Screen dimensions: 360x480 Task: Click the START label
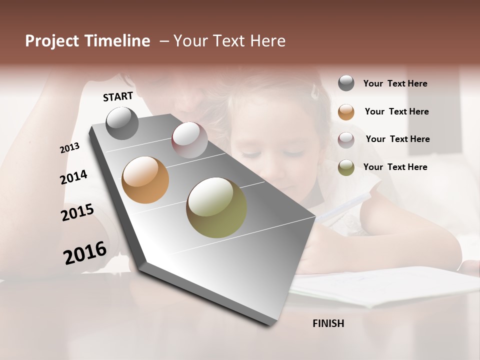point(118,96)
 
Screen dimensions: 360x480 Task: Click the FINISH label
point(328,323)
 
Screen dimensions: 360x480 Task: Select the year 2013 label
point(70,147)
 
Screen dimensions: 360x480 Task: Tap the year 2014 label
point(74,177)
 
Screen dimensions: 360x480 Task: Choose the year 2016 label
point(85,253)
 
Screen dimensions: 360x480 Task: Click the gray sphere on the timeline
point(122,123)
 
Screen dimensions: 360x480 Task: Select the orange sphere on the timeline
point(145,180)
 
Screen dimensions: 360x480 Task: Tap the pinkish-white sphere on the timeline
point(189,140)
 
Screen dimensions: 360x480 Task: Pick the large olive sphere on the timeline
point(216,207)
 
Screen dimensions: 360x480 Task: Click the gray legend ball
point(346,83)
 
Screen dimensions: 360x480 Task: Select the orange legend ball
point(346,112)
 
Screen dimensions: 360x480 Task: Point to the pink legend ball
point(346,140)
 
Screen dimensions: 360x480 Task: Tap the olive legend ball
point(346,167)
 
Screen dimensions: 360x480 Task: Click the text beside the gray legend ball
point(395,83)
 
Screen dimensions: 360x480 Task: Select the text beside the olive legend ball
point(395,167)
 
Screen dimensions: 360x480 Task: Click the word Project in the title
point(51,41)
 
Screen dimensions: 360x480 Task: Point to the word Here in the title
point(267,41)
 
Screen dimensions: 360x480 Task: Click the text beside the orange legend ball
point(396,111)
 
